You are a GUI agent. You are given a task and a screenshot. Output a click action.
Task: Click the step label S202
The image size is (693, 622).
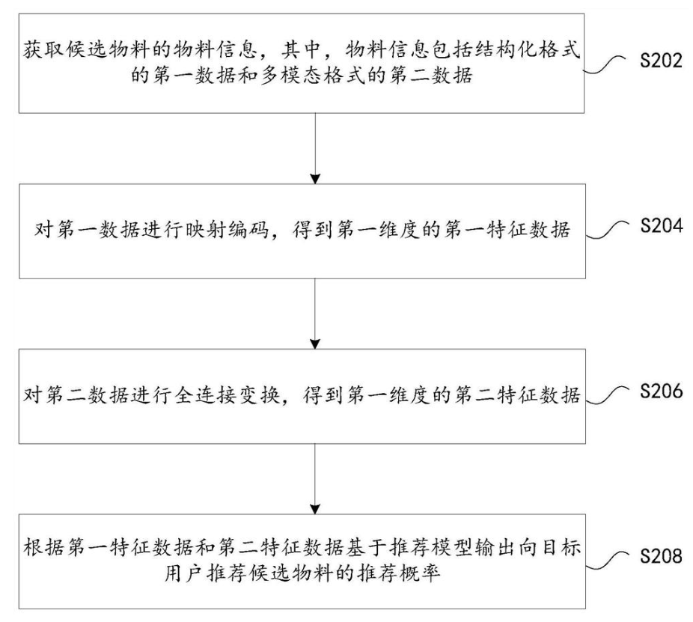661,61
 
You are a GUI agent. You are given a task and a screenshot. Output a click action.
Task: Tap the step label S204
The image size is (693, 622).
661,226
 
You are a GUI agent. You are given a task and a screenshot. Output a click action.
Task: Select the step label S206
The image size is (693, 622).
661,391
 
